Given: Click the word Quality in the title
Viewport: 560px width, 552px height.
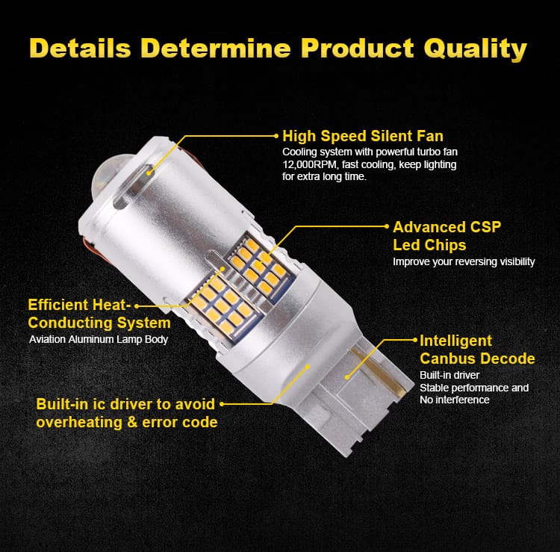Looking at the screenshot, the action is pyautogui.click(x=476, y=49).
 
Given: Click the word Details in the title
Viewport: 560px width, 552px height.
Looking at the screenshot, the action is pyautogui.click(x=80, y=48).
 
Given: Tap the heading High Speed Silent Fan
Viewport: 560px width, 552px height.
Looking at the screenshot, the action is pyautogui.click(x=363, y=136).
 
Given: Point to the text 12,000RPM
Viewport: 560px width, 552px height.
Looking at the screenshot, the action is pyautogui.click(x=310, y=165).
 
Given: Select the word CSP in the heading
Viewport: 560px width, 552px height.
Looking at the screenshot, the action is pyautogui.click(x=485, y=227).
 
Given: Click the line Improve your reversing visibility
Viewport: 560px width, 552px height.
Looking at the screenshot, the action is pyautogui.click(x=464, y=262).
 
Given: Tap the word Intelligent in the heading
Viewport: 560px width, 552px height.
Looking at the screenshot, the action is pyautogui.click(x=455, y=341).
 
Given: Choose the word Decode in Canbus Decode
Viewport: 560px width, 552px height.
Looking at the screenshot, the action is pyautogui.click(x=506, y=359).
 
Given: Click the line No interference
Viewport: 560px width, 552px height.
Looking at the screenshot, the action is pyautogui.click(x=454, y=400).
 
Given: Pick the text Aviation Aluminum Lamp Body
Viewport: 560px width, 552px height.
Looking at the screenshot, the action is pyautogui.click(x=99, y=339).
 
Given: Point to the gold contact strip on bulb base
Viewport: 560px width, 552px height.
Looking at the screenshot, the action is pyautogui.click(x=378, y=373).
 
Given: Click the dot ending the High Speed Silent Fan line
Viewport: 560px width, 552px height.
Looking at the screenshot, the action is pyautogui.click(x=276, y=136).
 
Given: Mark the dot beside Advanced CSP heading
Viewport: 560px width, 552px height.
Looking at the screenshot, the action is pyautogui.click(x=386, y=226).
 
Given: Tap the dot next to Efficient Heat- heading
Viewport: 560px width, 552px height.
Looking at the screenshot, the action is pyautogui.click(x=137, y=306).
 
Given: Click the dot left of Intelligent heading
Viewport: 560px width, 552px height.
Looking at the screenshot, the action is pyautogui.click(x=414, y=340).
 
